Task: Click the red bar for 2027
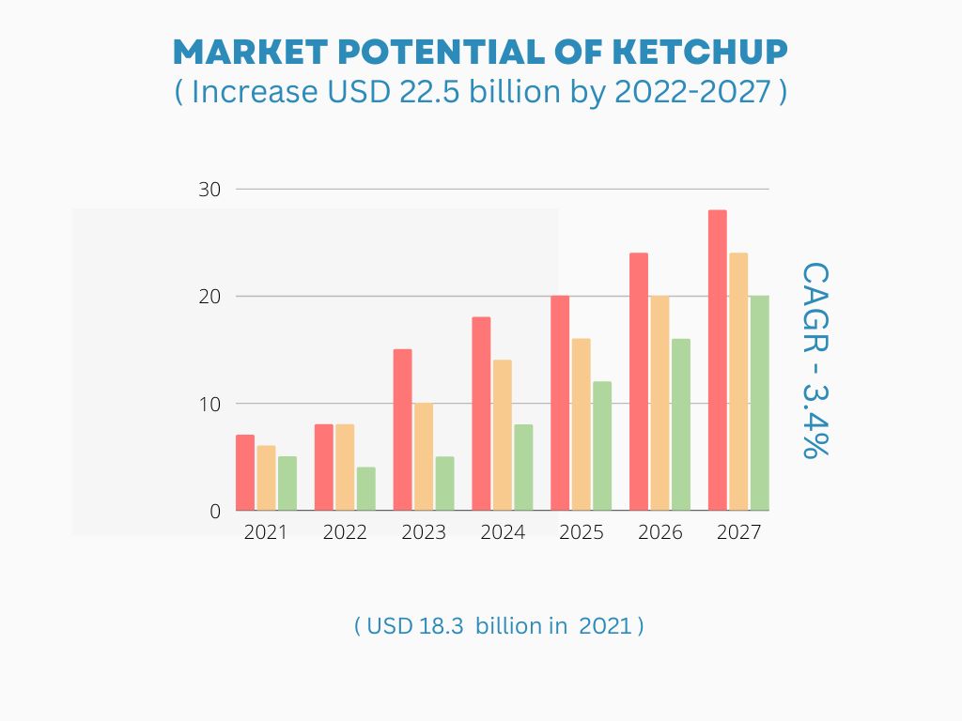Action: click(718, 360)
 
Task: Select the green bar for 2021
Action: click(287, 483)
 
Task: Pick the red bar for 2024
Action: click(481, 414)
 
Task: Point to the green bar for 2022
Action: click(366, 489)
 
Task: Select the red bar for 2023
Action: click(402, 430)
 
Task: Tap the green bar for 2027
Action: click(759, 404)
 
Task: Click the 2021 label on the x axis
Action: click(266, 532)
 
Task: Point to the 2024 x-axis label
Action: click(503, 532)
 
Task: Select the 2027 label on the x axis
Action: click(739, 532)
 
